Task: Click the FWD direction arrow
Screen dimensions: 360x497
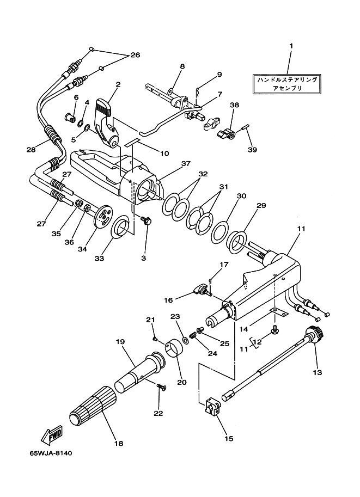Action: pos(52,434)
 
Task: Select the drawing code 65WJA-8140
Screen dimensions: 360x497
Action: pos(51,453)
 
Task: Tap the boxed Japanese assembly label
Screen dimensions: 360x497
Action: pos(287,84)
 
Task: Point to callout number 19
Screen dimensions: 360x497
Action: pos(120,342)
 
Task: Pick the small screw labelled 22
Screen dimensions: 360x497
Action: pos(161,386)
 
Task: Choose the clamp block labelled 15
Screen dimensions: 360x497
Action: pos(211,407)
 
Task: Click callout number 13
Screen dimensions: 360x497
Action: pos(317,372)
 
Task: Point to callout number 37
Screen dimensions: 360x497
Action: pos(186,163)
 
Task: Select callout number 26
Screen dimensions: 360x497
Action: pos(135,55)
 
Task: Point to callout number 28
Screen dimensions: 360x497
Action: pos(31,150)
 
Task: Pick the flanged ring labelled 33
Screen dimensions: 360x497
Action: pos(120,226)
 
